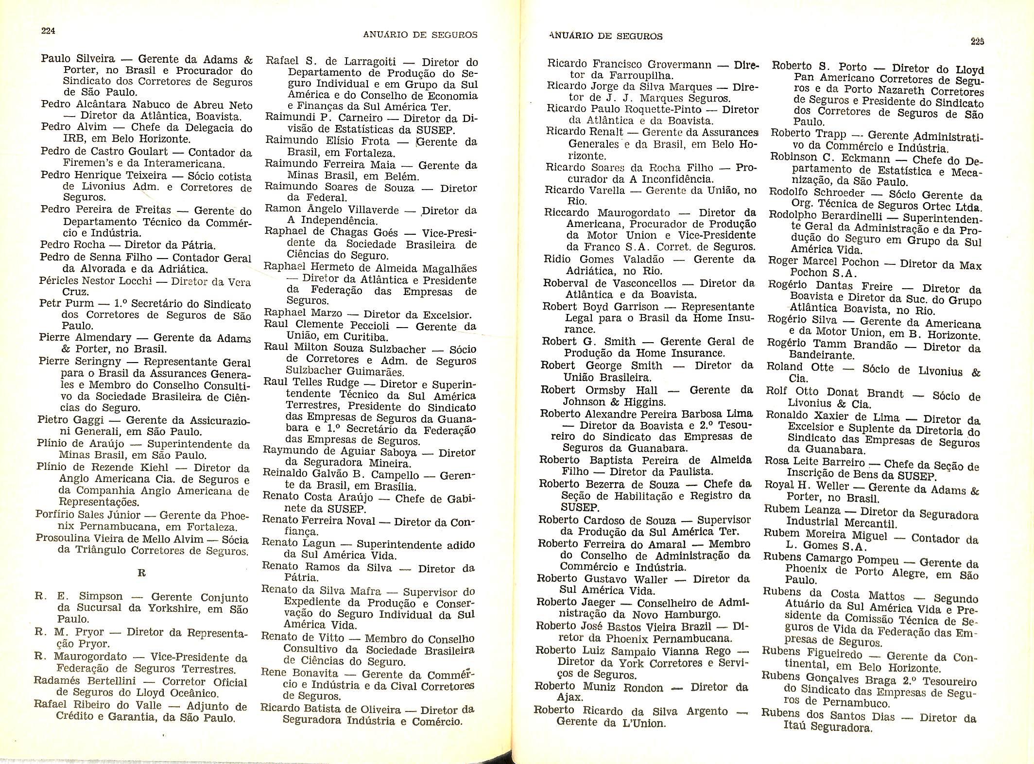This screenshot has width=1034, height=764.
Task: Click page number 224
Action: coord(48,31)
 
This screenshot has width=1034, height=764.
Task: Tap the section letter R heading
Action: coord(142,573)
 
